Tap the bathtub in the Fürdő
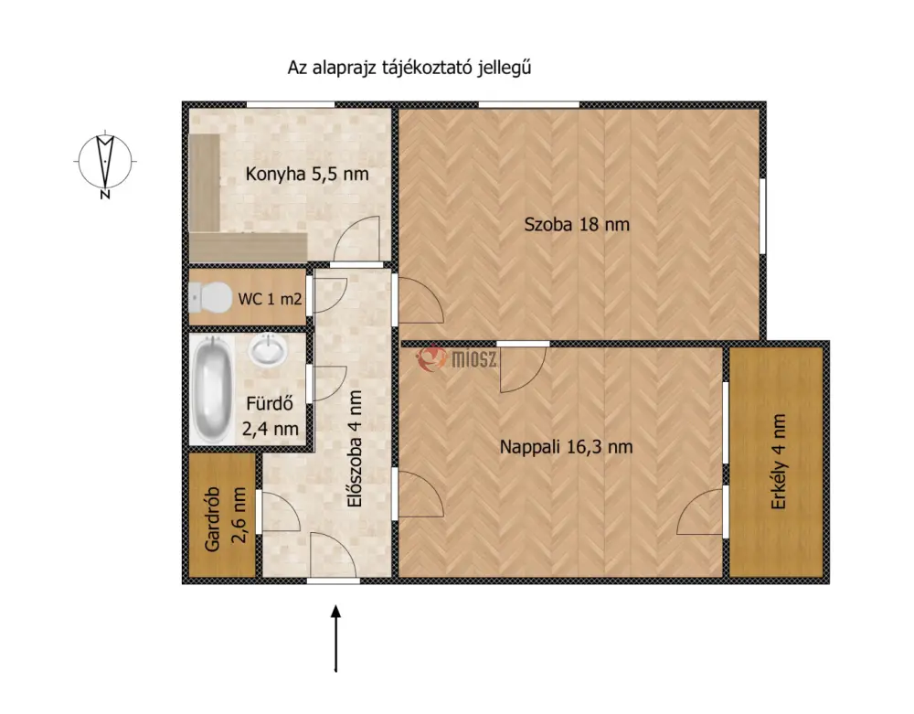coord(211,389)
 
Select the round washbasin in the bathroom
coord(268,349)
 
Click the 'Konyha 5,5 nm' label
coord(306,174)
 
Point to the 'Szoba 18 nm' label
coord(577,224)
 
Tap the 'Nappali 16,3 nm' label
coord(566,447)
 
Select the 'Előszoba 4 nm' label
coord(354,449)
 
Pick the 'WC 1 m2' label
coord(270,299)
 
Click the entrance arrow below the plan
coord(335,639)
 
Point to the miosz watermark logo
coord(456,357)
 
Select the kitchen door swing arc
coord(356,238)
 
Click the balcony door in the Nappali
coord(701,512)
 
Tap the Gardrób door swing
coord(279,512)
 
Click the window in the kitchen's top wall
coord(291,105)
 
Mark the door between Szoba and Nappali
coord(523,368)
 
